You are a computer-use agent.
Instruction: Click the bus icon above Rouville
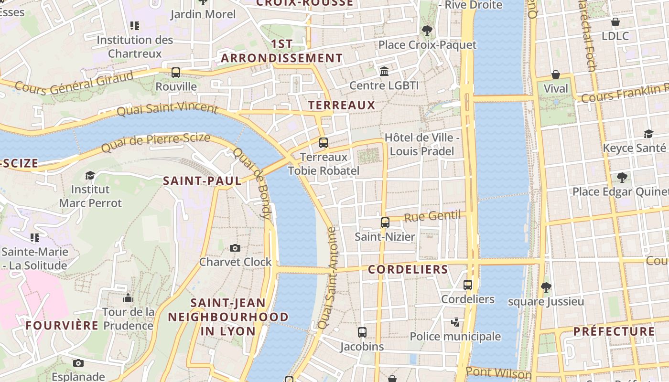coord(176,73)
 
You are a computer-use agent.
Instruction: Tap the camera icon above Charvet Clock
coord(235,248)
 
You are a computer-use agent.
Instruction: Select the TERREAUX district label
coord(342,105)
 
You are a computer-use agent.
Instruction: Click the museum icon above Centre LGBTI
coord(384,72)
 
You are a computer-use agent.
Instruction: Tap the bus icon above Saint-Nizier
coord(385,223)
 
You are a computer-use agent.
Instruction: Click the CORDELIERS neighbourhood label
coord(408,269)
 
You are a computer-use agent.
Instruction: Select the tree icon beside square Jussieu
coord(546,287)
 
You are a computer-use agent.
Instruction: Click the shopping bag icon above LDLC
coord(615,22)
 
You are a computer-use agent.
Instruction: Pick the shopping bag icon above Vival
coord(556,74)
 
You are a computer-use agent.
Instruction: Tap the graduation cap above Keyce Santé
coord(648,134)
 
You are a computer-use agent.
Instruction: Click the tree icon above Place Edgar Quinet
coord(622,178)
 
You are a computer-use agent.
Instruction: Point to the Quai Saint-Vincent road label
coord(167,108)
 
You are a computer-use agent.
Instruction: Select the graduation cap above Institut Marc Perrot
coord(90,176)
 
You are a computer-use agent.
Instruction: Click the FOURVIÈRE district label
coord(62,326)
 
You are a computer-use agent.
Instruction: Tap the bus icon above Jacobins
coord(362,332)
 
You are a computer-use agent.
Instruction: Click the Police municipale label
coord(455,337)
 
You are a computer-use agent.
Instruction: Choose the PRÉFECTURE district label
coord(614,331)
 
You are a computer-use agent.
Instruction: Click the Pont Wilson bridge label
coord(498,373)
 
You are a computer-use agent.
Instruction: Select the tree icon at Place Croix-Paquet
coord(427,31)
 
